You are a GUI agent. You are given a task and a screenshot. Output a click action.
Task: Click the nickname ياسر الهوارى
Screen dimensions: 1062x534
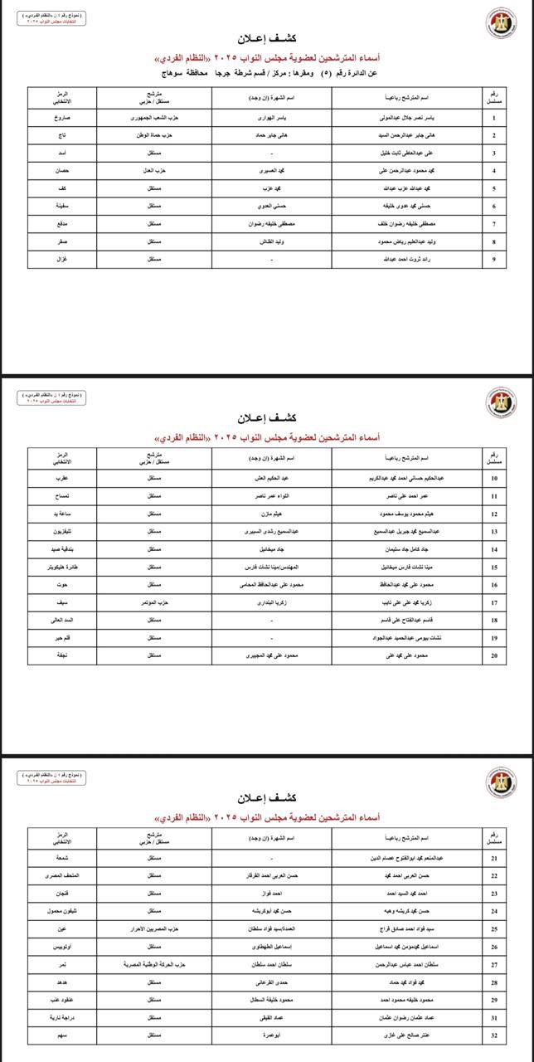(272, 118)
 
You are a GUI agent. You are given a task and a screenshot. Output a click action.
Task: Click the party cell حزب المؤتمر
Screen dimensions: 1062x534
(154, 603)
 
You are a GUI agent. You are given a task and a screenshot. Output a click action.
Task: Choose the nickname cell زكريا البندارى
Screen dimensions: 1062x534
(272, 603)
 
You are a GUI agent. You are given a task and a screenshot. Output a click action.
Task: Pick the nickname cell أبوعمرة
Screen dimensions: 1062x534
(272, 1035)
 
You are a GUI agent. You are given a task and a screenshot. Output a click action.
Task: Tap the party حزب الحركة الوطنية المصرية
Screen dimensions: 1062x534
(154, 964)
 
